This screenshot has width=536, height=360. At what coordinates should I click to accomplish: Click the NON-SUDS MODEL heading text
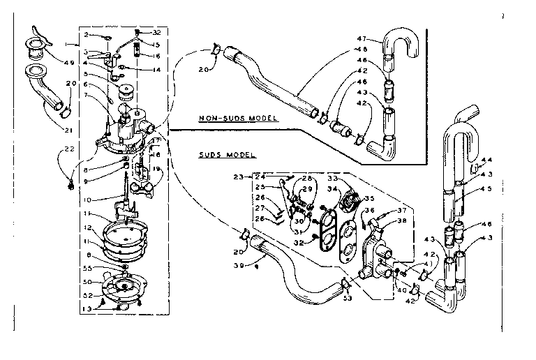(x=237, y=119)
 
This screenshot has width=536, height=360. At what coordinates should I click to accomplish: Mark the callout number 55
(x=87, y=267)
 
